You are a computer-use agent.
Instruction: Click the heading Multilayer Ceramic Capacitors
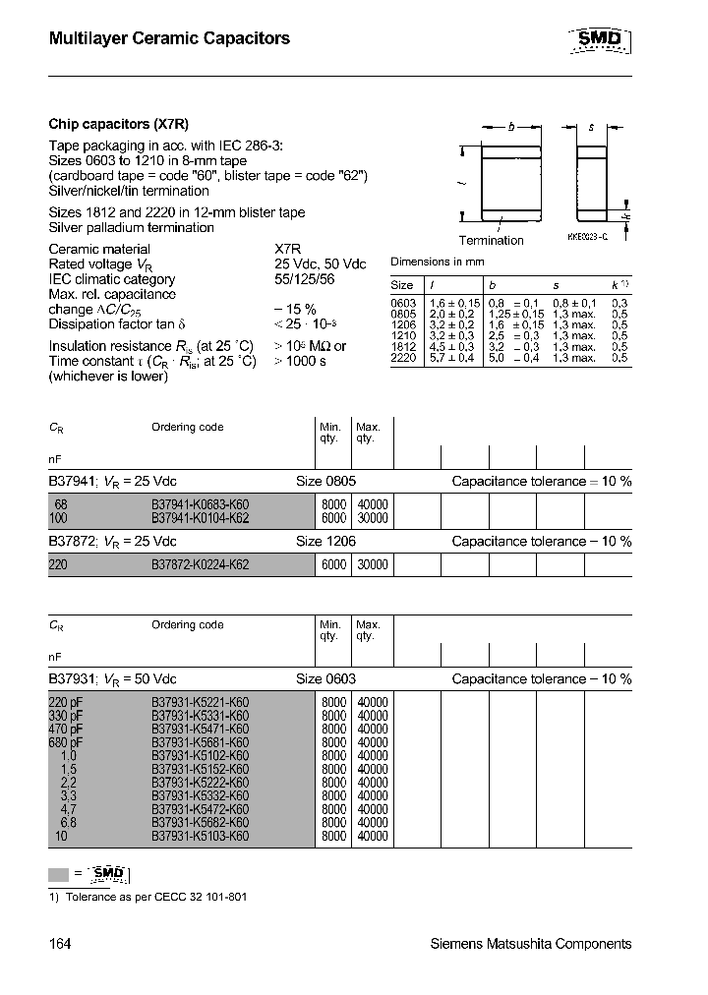click(x=169, y=39)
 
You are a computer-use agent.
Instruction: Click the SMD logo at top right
click(x=600, y=39)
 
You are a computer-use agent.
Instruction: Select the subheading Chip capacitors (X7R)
click(x=118, y=125)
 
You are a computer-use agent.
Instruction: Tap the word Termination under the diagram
click(x=491, y=241)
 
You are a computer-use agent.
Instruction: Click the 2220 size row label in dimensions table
click(x=403, y=359)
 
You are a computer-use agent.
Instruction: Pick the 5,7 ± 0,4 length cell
click(x=452, y=359)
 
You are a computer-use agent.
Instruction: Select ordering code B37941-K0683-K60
click(x=200, y=504)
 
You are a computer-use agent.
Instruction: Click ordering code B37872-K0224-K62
click(x=200, y=565)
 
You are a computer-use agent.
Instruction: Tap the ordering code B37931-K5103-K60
click(x=200, y=837)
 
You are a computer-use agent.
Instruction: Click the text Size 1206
click(x=325, y=542)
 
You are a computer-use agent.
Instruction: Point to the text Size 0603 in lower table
click(x=325, y=679)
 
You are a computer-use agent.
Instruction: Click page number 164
click(x=60, y=944)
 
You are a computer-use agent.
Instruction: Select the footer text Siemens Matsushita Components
click(x=531, y=944)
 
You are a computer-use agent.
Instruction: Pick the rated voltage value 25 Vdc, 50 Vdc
click(x=320, y=264)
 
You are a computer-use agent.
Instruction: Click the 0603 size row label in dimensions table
click(x=403, y=303)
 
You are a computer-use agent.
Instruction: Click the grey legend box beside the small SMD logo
click(x=59, y=874)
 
